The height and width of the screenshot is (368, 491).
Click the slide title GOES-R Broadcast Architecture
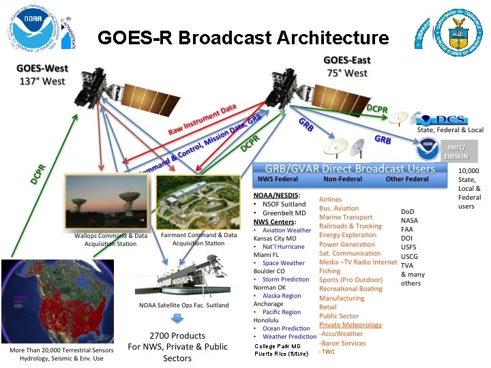(x=243, y=37)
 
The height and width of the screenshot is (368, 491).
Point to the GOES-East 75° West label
(x=346, y=67)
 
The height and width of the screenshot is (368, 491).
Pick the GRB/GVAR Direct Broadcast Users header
(x=344, y=168)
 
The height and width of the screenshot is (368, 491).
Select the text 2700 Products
(x=177, y=335)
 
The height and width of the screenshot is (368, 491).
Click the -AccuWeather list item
(x=342, y=334)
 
